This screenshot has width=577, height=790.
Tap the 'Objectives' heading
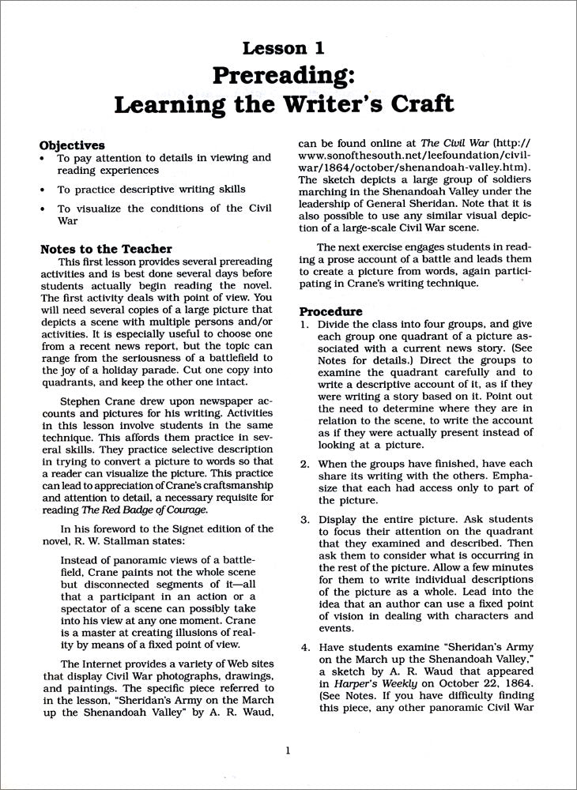pos(72,145)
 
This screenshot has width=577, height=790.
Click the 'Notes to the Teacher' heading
pos(105,250)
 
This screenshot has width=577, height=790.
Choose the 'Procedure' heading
pos(330,311)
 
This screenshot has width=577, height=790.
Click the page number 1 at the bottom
pos(288,750)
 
